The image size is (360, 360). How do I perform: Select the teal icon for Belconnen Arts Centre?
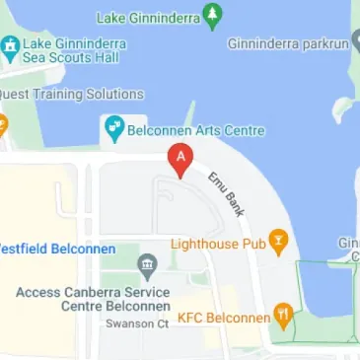(x=112, y=129)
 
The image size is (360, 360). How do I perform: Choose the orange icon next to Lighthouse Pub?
(x=279, y=241)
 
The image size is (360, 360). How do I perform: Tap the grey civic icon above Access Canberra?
(x=146, y=264)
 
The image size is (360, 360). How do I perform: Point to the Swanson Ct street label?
(x=137, y=324)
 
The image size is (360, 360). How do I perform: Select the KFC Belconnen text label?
(x=223, y=320)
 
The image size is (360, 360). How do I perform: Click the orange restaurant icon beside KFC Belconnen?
(x=284, y=317)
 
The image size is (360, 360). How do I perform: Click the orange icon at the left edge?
(x=3, y=125)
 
